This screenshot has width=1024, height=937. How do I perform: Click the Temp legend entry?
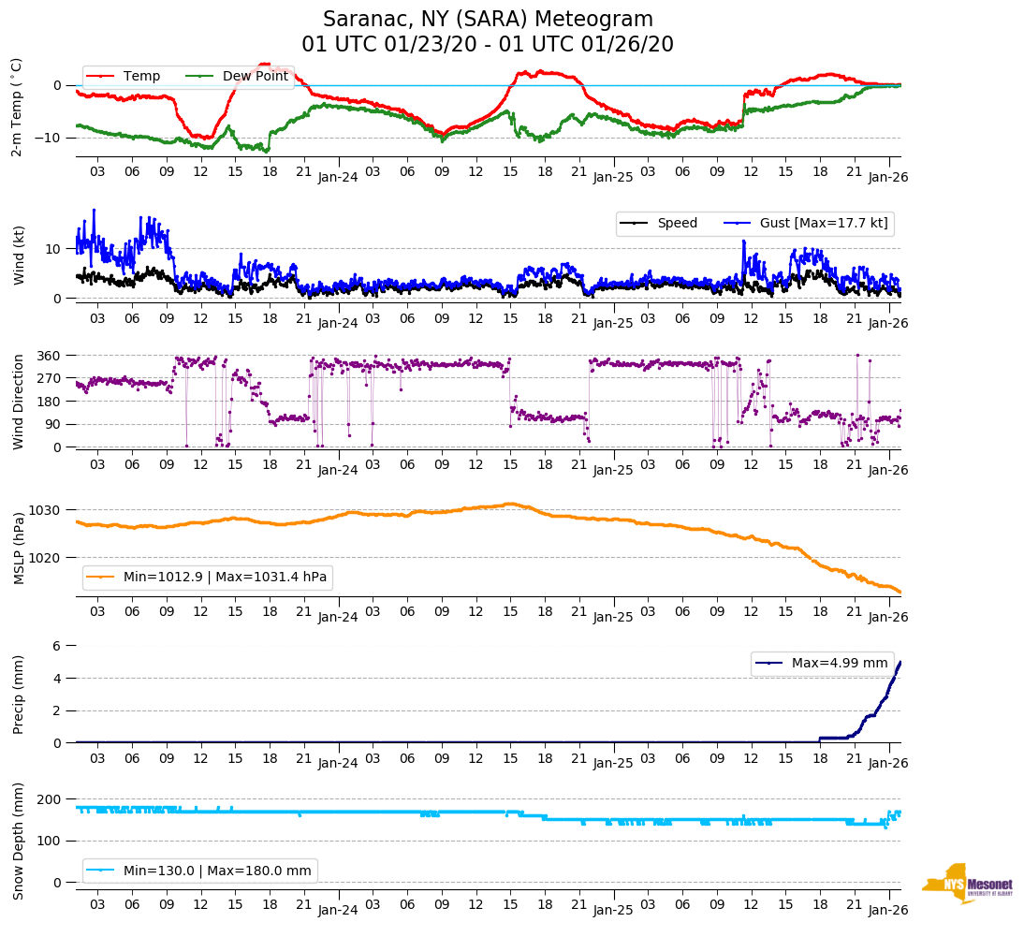pos(141,77)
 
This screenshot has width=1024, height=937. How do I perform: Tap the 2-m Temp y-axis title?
pos(17,107)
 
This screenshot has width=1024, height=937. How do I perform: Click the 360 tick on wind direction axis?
pos(51,356)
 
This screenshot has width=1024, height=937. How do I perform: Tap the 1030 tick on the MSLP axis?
pos(47,510)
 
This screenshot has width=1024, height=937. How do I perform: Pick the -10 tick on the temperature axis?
pos(48,138)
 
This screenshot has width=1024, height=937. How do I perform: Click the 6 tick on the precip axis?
pos(57,646)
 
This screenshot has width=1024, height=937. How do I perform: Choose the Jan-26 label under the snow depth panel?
pos(888,911)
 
